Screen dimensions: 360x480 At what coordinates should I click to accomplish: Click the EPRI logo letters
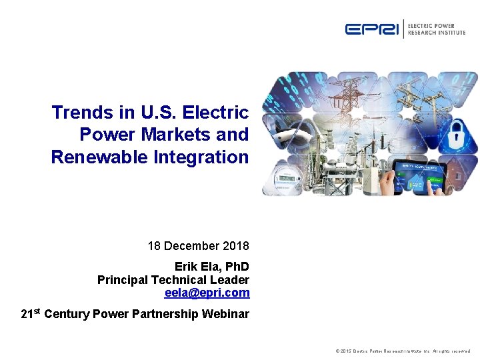tap(372, 29)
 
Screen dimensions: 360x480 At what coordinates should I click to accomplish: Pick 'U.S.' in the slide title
tap(157, 112)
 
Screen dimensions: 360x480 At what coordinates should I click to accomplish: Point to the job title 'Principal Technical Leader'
tap(173, 280)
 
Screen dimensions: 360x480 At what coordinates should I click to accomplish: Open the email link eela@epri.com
tap(207, 293)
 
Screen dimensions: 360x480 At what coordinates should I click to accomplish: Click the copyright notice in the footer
tap(403, 351)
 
